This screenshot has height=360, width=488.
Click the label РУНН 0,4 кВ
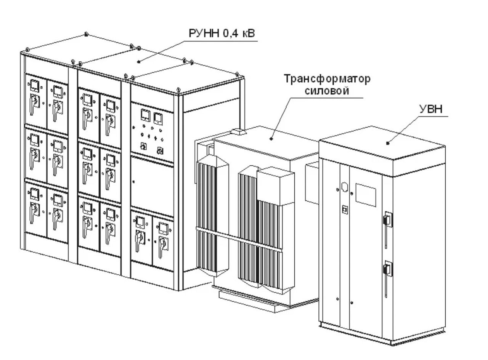coord(222,34)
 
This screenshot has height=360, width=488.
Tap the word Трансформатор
coord(327,79)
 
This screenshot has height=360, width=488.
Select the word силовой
coord(327,91)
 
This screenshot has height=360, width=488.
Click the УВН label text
coord(431,109)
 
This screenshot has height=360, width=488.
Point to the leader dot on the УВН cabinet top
coord(388,143)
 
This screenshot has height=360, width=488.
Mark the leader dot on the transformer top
coord(271,139)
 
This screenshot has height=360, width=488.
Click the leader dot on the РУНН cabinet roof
coord(139,62)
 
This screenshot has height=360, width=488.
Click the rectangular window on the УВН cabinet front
coord(366,195)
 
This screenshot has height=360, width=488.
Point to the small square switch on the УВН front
coord(345,210)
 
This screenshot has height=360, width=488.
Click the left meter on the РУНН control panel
coord(145,115)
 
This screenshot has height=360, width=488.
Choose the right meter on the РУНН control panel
coord(158,119)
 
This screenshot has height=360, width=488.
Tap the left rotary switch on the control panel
coord(143,146)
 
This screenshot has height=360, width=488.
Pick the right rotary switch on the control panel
coord(160,151)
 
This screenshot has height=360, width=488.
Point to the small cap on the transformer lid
coord(238,131)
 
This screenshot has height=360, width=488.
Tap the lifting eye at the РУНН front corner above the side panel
coord(178,90)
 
